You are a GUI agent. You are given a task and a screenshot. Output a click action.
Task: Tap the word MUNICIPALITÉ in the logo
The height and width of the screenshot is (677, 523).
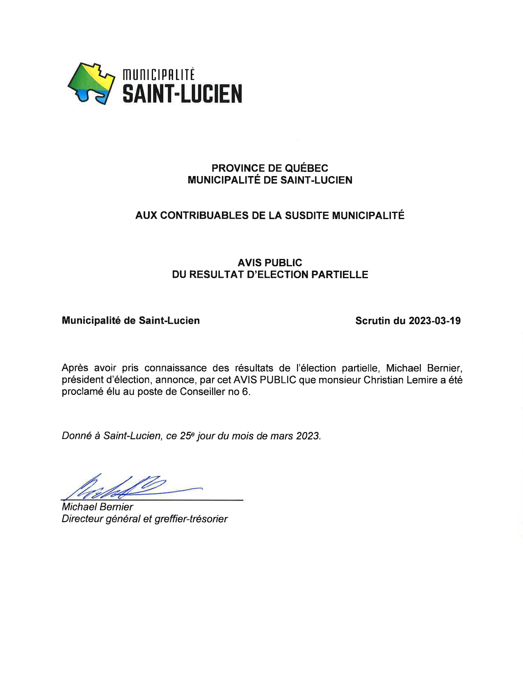(159, 75)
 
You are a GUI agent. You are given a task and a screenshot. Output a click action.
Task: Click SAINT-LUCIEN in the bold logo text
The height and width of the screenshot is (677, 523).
(182, 94)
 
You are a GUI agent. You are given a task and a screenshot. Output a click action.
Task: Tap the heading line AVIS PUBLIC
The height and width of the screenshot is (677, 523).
(269, 263)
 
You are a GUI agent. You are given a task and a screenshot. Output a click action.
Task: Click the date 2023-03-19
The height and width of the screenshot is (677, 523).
(434, 321)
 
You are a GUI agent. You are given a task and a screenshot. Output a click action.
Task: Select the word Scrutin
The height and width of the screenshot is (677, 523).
(372, 321)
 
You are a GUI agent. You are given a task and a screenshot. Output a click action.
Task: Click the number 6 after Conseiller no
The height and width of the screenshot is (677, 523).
(245, 392)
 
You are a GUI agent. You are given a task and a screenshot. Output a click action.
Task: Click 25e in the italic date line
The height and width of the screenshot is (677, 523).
(186, 436)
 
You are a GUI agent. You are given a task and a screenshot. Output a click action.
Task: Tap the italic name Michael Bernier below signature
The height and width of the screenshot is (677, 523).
(97, 507)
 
